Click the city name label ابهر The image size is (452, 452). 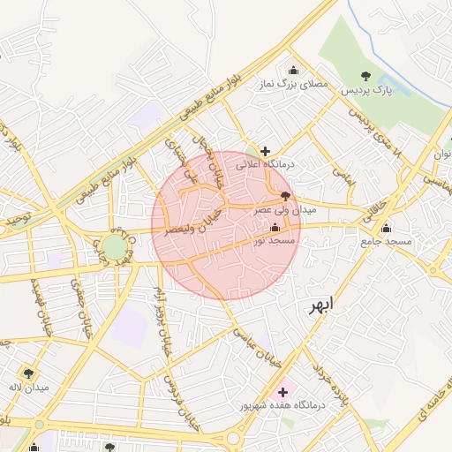tap(321, 306)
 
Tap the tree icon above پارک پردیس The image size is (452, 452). tap(366, 75)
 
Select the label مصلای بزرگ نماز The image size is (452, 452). tap(292, 85)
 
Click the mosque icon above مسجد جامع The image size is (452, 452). tap(385, 228)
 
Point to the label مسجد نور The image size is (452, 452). tap(271, 239)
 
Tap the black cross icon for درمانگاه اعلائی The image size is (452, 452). tap(265, 151)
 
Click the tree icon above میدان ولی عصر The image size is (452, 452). tap(284, 196)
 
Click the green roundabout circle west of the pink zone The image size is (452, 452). tap(114, 246)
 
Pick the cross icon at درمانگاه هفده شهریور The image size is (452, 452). tap(282, 391)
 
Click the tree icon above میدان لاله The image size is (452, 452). tap(29, 373)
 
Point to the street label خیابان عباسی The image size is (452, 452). tap(257, 346)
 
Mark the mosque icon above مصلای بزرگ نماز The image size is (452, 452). tap(293, 71)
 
